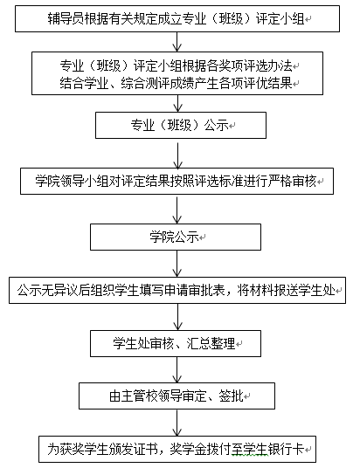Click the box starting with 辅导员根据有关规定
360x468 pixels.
[177, 18]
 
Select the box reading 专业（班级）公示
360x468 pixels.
[181, 125]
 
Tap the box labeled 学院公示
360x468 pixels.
[176, 237]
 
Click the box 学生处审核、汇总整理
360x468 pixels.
[176, 343]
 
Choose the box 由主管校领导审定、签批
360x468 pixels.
[177, 396]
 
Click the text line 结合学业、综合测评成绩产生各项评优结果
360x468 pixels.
[176, 83]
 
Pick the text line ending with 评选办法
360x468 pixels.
[176, 65]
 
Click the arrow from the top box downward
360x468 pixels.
[177, 42]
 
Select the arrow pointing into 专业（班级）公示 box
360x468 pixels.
[177, 104]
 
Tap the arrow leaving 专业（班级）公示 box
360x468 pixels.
[177, 155]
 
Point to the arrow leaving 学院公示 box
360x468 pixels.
[177, 264]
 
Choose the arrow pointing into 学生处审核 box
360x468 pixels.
[177, 317]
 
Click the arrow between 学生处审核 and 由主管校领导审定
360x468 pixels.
[177, 370]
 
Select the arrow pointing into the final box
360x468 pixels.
[177, 423]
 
